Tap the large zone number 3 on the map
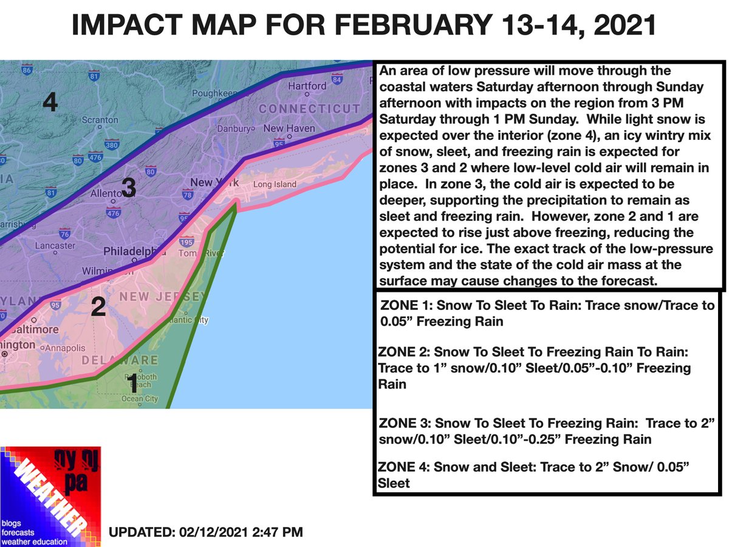tap(129, 188)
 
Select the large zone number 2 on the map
tap(98, 308)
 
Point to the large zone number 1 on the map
tap(132, 384)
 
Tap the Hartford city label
tap(307, 86)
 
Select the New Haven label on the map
tap(289, 129)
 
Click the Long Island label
tap(275, 184)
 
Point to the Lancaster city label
tap(55, 246)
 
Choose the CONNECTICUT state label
tap(309, 109)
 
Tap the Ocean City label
tap(139, 399)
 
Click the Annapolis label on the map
tap(68, 349)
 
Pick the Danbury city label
tap(235, 129)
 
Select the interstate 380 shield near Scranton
tap(111, 145)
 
